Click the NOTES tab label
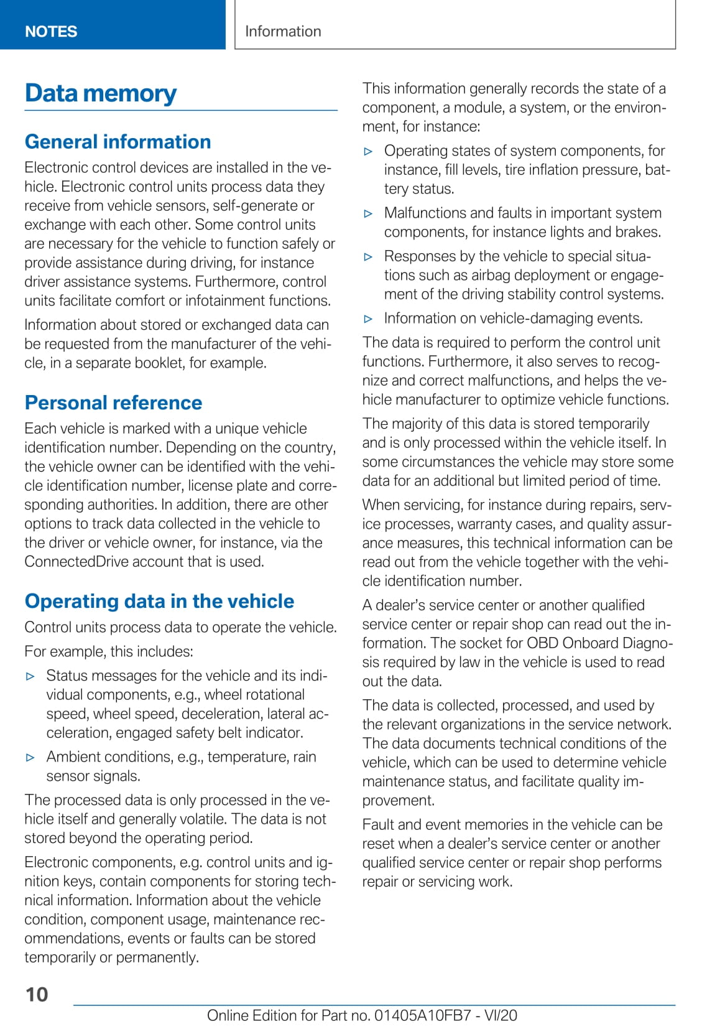pos(51,32)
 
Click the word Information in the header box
pos(283,31)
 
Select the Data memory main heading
pos(101,93)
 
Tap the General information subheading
pos(118,142)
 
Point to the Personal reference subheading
pos(113,403)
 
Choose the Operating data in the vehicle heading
pos(159,602)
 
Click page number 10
pos(37,994)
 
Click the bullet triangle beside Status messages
pos(30,676)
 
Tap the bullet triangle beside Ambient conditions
pos(30,758)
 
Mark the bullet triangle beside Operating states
pos(368,151)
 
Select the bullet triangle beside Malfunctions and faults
pos(368,213)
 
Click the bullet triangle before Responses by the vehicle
pos(368,257)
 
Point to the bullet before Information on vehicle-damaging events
pos(368,319)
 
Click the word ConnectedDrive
pos(69,562)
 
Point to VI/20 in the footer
pos(501,1015)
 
